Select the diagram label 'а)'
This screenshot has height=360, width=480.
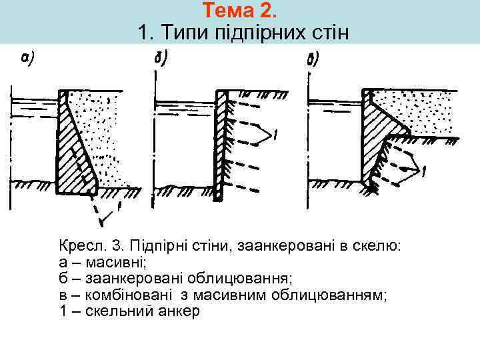27,59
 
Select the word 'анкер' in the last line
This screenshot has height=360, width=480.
177,311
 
